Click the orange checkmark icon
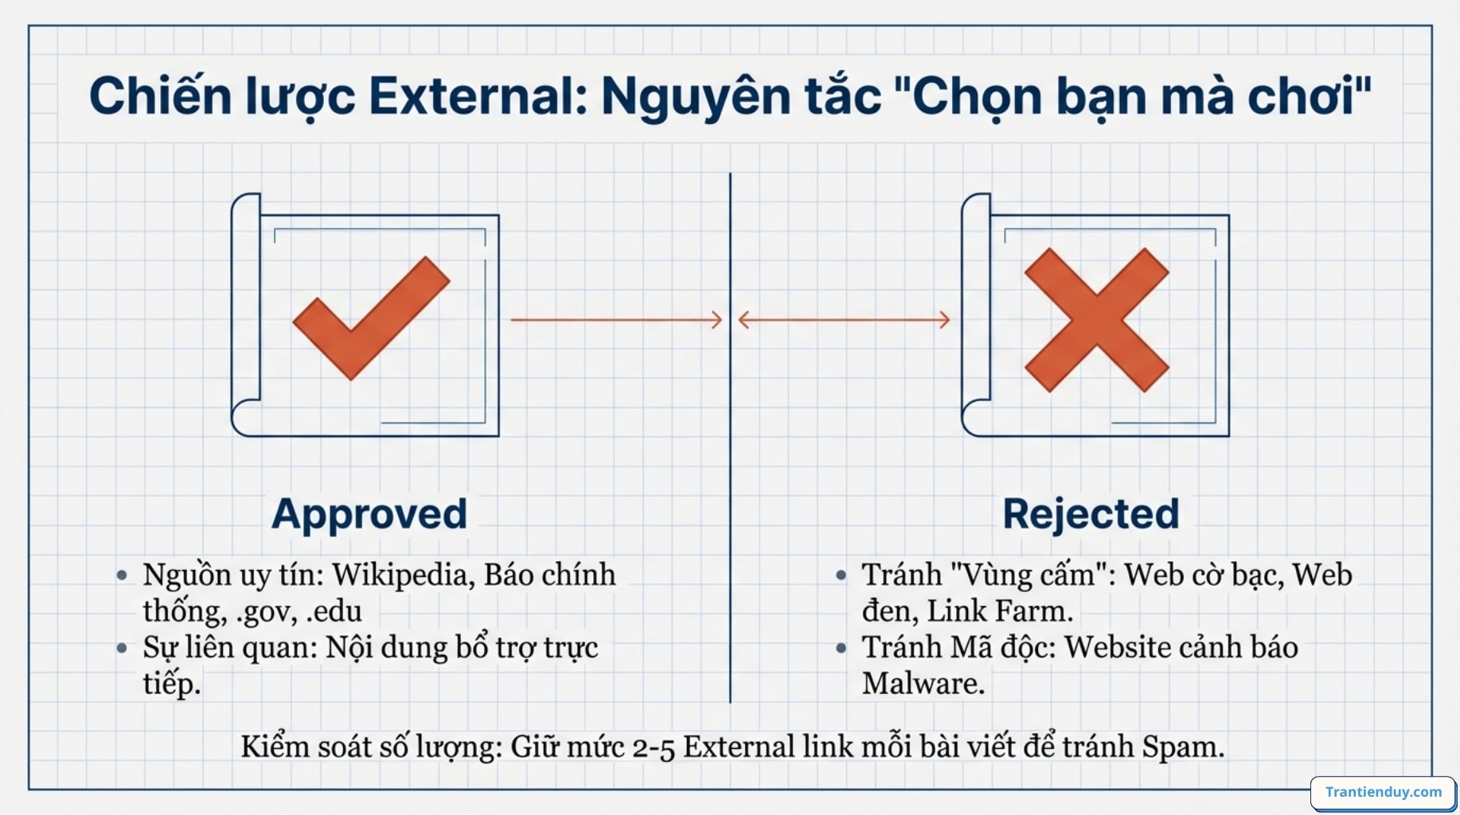(x=371, y=318)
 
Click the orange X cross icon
(x=1096, y=320)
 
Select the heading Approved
(x=369, y=514)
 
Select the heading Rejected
(x=1091, y=514)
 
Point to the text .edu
(x=334, y=611)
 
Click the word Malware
(x=923, y=684)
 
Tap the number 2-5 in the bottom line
(x=653, y=748)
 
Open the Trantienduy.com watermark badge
(x=1383, y=792)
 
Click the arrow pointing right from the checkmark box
(x=616, y=320)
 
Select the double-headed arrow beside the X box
(x=844, y=320)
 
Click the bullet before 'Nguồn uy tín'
(x=122, y=575)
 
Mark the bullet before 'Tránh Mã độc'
(x=841, y=648)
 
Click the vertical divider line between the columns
(x=730, y=438)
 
